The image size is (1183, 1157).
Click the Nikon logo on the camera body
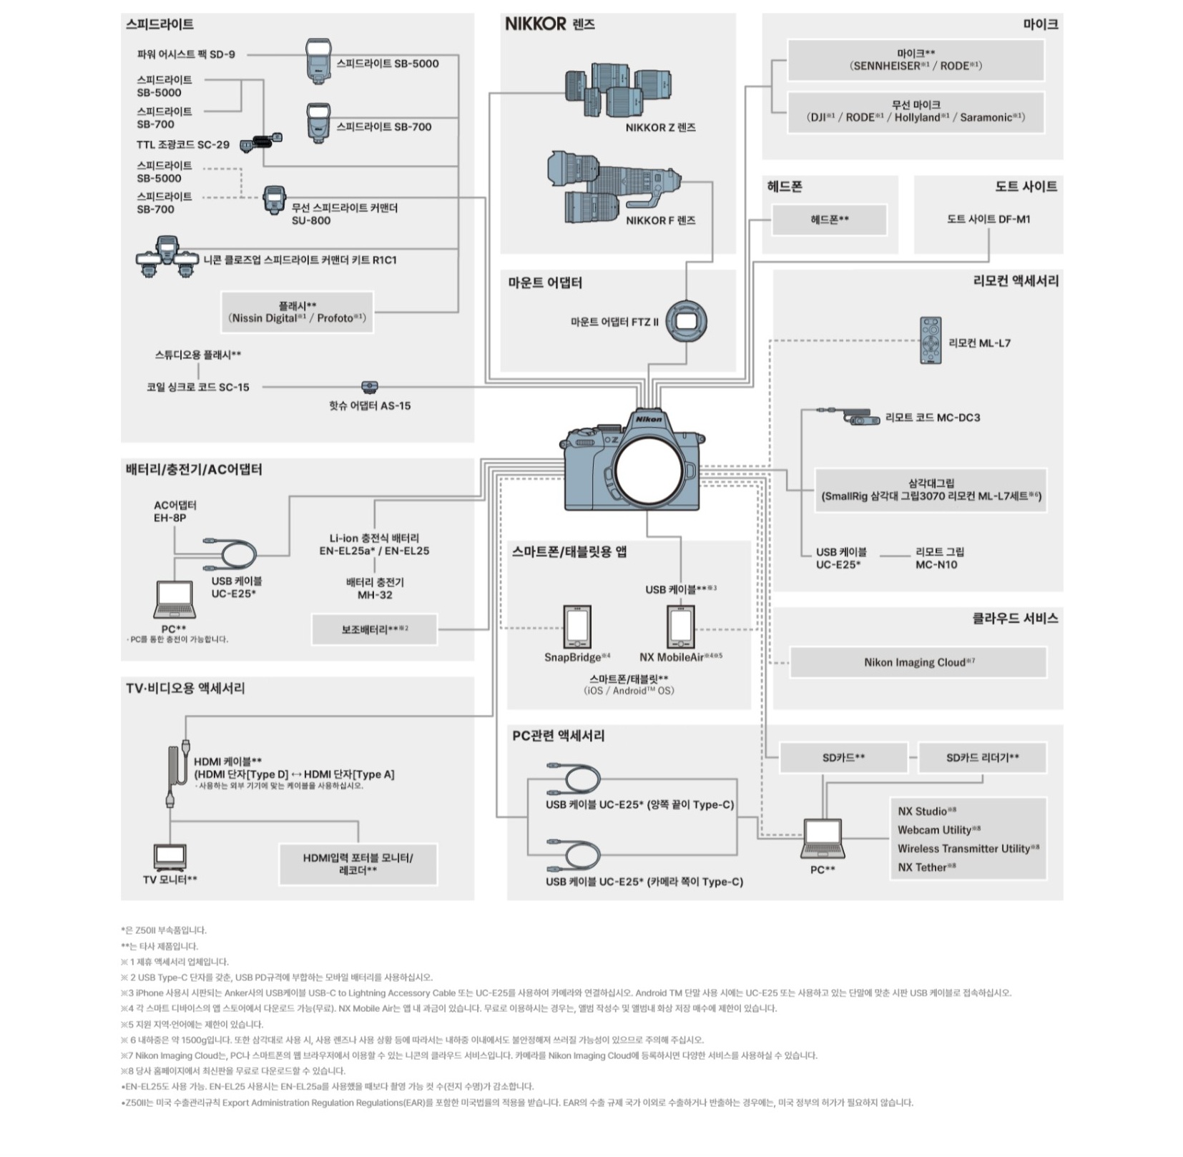click(x=649, y=419)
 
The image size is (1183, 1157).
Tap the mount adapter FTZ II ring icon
click(x=686, y=320)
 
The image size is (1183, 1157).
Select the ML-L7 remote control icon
click(x=931, y=340)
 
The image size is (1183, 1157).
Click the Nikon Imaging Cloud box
click(x=918, y=662)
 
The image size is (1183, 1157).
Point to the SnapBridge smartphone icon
click(x=577, y=626)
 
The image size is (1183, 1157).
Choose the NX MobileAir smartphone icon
click(x=681, y=626)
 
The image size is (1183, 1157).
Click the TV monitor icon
click(x=170, y=856)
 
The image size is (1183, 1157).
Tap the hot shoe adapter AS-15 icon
click(x=369, y=387)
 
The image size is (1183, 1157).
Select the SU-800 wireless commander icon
click(x=274, y=200)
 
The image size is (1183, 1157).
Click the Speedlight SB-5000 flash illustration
click(x=319, y=60)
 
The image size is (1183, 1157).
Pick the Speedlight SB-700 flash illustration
click(x=319, y=123)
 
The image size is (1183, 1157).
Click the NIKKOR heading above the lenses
click(x=536, y=24)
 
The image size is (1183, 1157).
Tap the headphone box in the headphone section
click(x=829, y=220)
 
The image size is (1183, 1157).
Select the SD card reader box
click(x=982, y=758)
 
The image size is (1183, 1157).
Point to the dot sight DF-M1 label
click(x=988, y=220)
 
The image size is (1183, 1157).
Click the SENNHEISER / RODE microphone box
click(x=916, y=60)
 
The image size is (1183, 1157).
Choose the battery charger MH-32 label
click(x=375, y=589)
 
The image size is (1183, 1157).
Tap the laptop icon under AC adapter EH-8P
click(x=174, y=599)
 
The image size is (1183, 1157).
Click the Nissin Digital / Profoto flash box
click(x=298, y=312)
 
